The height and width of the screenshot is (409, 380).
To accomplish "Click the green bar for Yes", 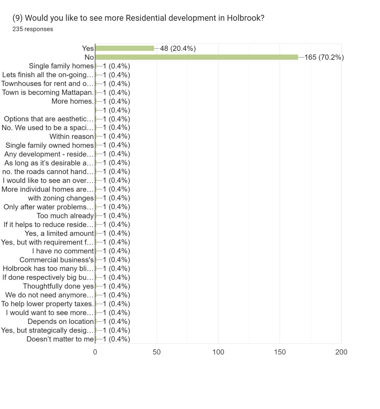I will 124,48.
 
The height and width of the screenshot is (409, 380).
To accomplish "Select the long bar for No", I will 197,57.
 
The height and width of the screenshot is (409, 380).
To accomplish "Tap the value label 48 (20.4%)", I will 178,48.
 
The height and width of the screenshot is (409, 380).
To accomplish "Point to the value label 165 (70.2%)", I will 324,57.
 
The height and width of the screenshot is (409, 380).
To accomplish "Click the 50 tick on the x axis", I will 157,352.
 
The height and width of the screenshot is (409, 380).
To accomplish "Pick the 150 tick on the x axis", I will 280,352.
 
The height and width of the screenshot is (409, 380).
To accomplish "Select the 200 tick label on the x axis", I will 341,352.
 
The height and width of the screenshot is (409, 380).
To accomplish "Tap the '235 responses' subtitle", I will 33,29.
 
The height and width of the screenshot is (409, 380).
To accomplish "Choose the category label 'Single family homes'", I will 61,66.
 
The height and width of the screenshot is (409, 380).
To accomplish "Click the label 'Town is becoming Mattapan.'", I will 48,92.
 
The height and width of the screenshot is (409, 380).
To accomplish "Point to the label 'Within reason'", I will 72,137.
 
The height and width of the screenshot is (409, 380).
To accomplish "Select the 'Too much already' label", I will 65,216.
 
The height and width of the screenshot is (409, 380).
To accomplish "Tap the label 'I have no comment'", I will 63,251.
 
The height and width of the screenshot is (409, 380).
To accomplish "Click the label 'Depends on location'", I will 61,321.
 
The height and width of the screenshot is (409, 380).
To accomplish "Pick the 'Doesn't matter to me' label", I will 60,339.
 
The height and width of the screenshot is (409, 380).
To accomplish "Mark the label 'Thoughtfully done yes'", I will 58,286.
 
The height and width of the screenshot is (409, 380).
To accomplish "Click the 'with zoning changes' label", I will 61,198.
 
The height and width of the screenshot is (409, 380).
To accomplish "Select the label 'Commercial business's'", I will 57,260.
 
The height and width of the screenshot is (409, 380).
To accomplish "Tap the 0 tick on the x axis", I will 95,352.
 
